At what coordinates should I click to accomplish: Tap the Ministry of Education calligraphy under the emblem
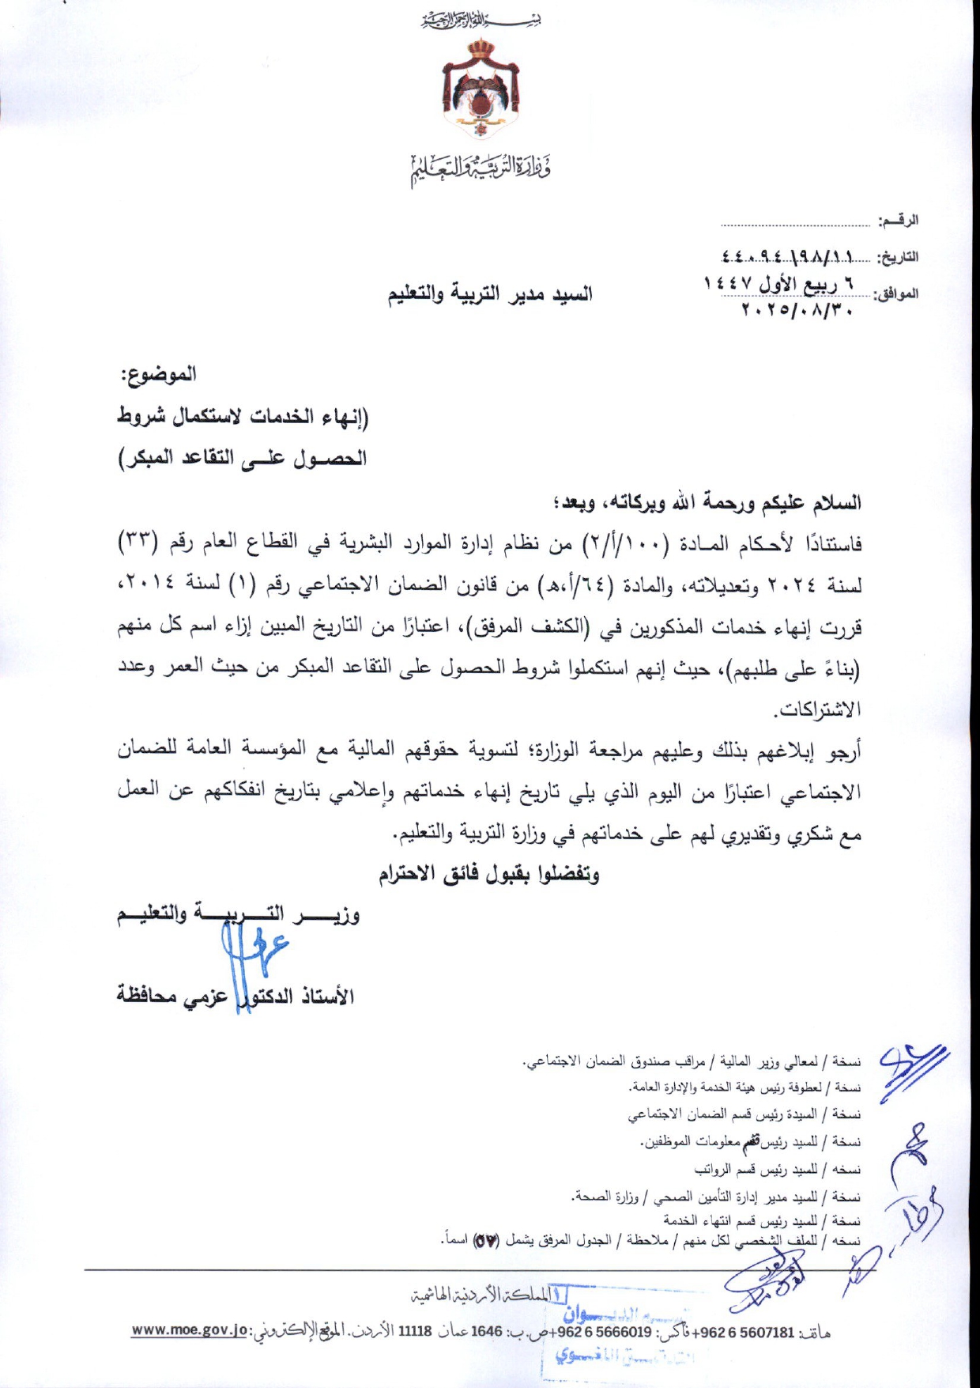pos(481,167)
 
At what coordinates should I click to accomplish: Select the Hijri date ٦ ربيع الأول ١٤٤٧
pos(778,283)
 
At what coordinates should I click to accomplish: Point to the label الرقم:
pos(899,221)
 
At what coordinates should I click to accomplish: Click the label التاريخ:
pos(899,258)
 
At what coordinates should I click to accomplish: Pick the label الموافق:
pos(896,294)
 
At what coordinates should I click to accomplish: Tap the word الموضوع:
pos(158,374)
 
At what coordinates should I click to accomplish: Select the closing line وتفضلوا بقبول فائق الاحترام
pos(488,874)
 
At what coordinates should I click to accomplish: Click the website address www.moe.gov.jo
pos(190,1330)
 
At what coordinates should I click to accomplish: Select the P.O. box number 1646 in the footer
pos(487,1331)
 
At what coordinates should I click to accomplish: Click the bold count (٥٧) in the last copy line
pos(484,1241)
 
